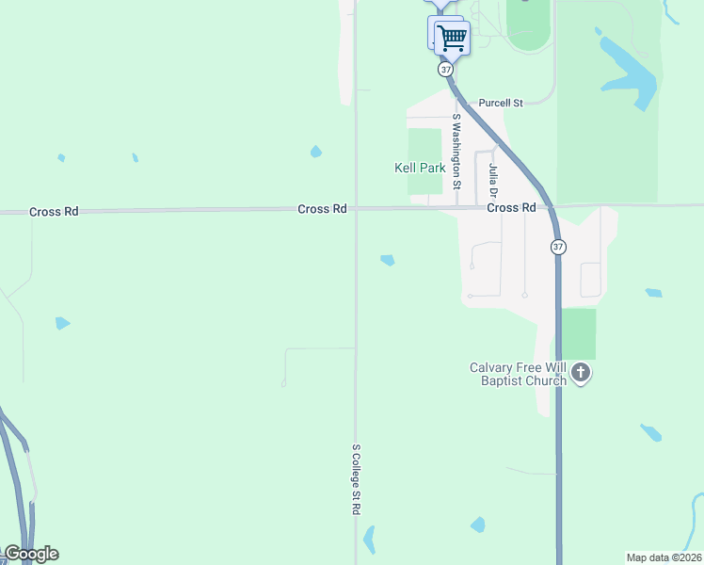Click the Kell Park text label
point(419,168)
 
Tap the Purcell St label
point(500,102)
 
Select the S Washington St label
point(457,152)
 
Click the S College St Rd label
point(357,479)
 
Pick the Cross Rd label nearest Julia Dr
point(511,207)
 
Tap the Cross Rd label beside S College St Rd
point(322,209)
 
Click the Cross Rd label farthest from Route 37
point(54,212)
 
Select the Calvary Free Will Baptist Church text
point(520,374)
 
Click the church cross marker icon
point(581,374)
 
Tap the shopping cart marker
point(453,38)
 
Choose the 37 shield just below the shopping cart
point(446,70)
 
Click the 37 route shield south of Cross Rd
point(558,247)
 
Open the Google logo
point(31,554)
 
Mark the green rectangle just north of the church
point(579,333)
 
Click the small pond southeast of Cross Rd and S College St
point(387,260)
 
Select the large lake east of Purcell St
point(628,71)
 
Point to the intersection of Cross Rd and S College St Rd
point(355,209)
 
